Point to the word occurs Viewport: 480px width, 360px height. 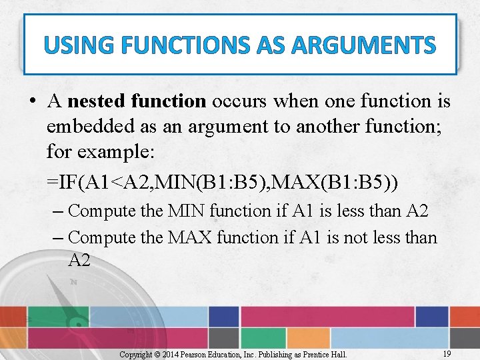(239, 101)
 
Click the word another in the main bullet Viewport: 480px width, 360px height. (323, 127)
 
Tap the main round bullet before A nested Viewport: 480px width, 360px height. (31, 102)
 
